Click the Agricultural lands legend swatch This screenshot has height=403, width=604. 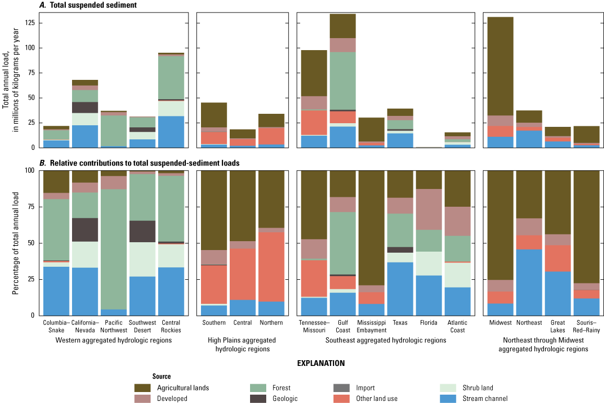(x=143, y=388)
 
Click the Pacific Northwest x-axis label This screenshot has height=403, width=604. (x=114, y=326)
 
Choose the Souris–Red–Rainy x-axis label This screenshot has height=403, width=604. (x=587, y=326)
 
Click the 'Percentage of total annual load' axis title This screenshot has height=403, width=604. (x=16, y=243)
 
